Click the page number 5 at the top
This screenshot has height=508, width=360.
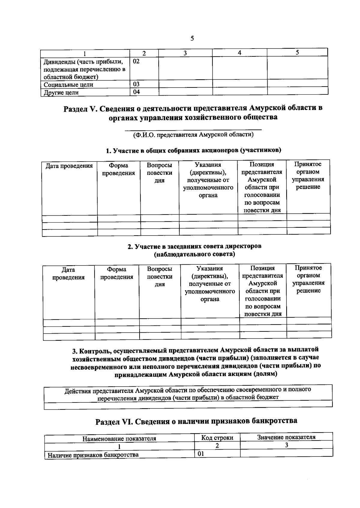coord(192,39)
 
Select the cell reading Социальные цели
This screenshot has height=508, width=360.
coord(69,85)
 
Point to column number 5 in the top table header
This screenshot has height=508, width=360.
coord(297,53)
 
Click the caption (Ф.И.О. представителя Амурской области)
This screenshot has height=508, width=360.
coord(193,135)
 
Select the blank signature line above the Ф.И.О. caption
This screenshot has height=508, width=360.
coord(193,130)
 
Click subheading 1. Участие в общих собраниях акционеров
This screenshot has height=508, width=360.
coord(193,150)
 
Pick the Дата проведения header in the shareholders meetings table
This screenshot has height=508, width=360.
coord(69,166)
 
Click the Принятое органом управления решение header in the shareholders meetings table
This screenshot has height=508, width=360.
coord(308,176)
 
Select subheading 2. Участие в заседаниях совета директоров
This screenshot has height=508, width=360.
coord(194,246)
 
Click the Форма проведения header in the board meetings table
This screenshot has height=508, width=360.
coord(117,273)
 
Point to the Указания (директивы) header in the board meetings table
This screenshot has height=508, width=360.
coord(210,284)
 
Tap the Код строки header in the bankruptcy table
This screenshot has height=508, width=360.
coord(217,438)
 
